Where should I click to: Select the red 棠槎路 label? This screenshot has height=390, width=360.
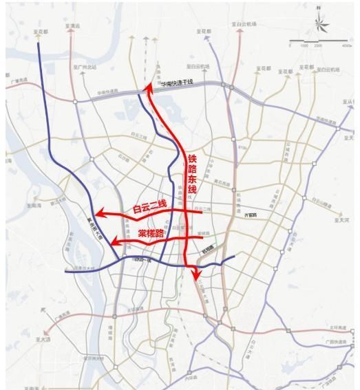[151, 233]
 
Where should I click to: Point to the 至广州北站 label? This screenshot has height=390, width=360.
[87, 67]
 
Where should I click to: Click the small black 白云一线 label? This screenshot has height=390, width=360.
[142, 260]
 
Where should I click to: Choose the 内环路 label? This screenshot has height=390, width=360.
[191, 378]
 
